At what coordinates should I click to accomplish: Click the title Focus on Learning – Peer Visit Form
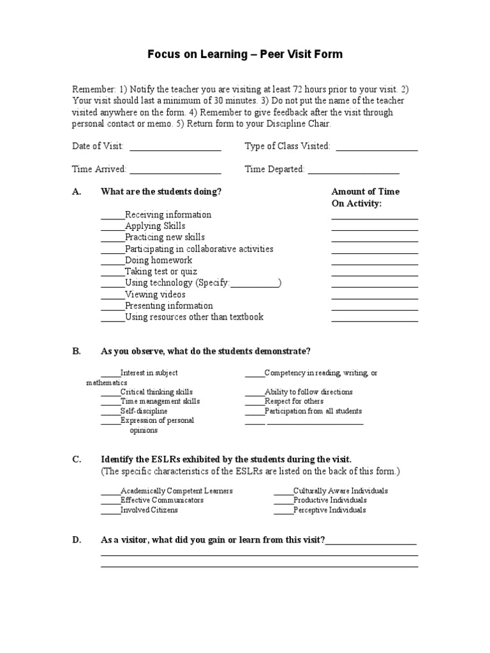click(x=245, y=54)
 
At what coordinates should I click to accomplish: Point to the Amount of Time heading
click(x=366, y=191)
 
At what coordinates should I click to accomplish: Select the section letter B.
click(x=76, y=351)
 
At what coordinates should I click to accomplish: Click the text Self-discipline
click(x=144, y=411)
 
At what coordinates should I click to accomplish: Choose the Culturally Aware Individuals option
click(x=340, y=491)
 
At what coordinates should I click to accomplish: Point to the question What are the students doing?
click(x=161, y=191)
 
